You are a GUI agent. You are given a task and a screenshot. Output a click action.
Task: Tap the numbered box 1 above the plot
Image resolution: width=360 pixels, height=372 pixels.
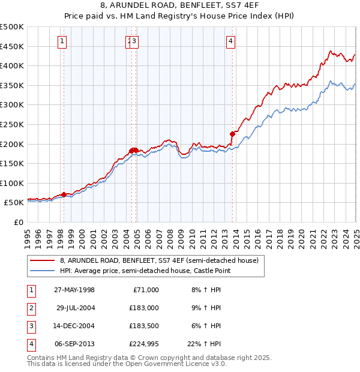pyautogui.click(x=63, y=41)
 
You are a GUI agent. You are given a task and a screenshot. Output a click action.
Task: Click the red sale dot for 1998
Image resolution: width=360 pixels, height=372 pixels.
pyautogui.click(x=64, y=194)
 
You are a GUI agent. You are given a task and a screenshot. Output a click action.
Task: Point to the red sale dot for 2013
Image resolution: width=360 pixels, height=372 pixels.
pyautogui.click(x=232, y=134)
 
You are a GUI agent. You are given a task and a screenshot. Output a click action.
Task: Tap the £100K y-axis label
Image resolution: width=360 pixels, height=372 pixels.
pyautogui.click(x=12, y=183)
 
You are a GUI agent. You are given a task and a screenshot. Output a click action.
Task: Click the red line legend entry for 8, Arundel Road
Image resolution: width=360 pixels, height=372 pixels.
pyautogui.click(x=158, y=260)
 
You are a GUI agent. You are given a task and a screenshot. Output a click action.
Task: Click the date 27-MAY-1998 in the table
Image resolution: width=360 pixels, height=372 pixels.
pyautogui.click(x=74, y=290)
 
